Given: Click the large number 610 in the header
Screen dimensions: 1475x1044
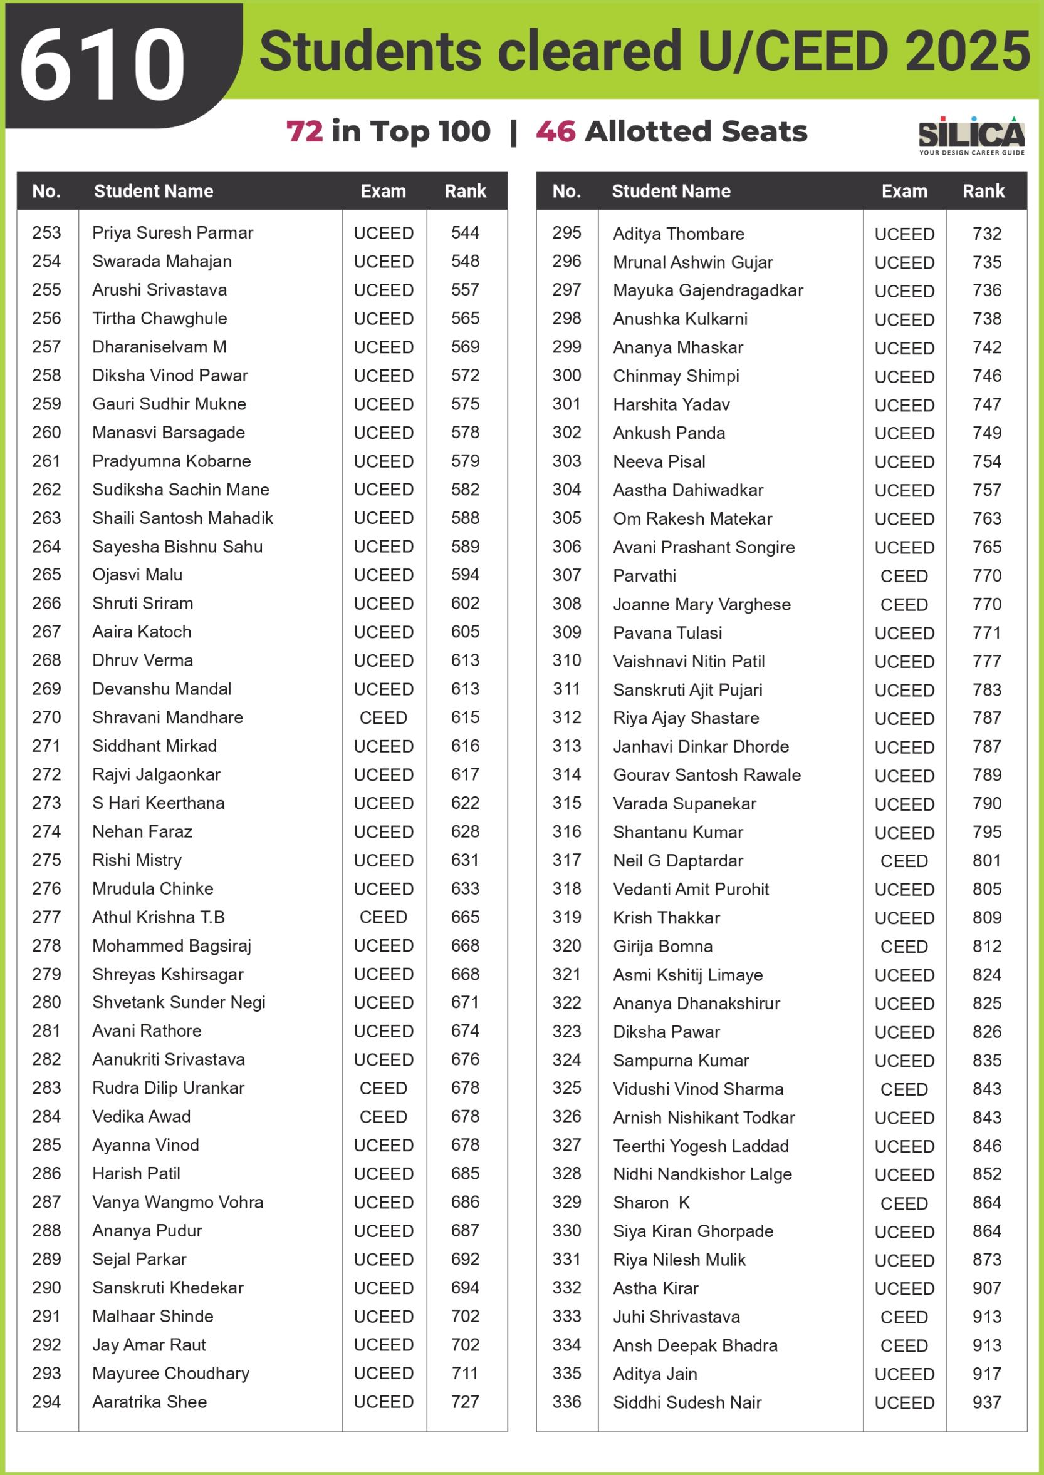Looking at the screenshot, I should point(103,64).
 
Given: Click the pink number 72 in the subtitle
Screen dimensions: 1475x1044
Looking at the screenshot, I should point(305,131).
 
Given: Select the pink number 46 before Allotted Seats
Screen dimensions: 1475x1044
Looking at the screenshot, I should point(555,131).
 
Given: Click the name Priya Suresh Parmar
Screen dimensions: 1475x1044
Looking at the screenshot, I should point(172,232).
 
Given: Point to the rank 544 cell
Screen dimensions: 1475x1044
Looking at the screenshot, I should point(465,232).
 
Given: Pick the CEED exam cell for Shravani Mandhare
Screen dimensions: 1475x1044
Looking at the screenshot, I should point(383,717).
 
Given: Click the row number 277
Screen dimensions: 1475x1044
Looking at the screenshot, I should point(46,917).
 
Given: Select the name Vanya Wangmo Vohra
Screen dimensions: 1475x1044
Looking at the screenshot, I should point(177,1202).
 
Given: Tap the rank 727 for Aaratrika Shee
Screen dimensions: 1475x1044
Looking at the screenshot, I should point(465,1402).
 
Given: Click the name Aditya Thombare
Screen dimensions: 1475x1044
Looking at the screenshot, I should point(678,234).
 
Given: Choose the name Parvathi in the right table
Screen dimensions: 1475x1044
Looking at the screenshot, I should point(644,575).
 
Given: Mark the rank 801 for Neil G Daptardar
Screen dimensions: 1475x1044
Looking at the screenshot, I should point(987,860).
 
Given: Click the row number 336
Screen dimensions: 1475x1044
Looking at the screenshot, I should point(566,1402).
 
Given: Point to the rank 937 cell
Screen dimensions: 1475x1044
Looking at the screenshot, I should point(987,1402).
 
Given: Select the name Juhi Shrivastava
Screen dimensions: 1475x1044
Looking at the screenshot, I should point(676,1317).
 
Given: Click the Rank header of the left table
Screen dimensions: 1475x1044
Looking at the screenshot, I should point(465,191).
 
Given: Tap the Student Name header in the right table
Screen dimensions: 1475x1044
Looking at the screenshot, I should point(671,191).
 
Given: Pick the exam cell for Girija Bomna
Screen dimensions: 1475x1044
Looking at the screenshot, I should point(904,946).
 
